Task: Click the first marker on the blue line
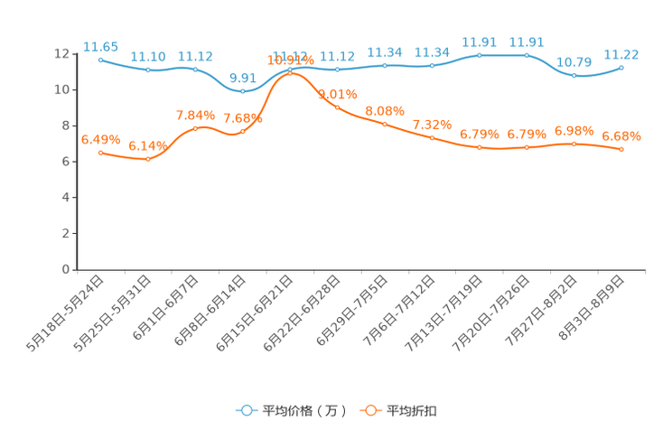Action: (x=100, y=59)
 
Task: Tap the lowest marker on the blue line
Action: (x=242, y=90)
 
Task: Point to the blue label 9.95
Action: (x=240, y=77)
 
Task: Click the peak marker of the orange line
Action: (x=290, y=72)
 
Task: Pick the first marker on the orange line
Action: (x=100, y=152)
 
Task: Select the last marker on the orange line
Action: (x=621, y=149)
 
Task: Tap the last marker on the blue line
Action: (x=621, y=67)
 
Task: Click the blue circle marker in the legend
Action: (x=246, y=410)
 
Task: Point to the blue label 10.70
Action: (x=574, y=62)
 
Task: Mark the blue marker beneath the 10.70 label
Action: (x=574, y=75)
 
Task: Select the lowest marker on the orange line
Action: (x=147, y=160)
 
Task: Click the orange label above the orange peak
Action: (x=290, y=60)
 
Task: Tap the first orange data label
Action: (x=100, y=139)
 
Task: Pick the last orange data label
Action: (x=621, y=136)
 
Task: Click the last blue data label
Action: (x=621, y=54)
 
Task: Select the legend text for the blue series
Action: (x=303, y=411)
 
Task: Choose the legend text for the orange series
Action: (x=413, y=411)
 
